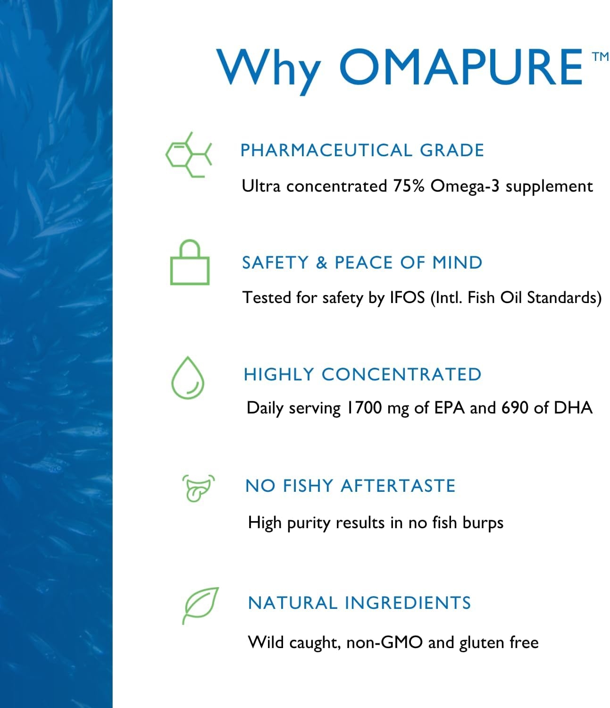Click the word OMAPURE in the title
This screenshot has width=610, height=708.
461,67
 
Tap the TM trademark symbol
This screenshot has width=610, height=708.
601,56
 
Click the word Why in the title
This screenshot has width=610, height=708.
269,71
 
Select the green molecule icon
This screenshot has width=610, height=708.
189,155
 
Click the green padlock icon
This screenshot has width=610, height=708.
190,262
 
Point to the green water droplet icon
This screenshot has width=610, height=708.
188,378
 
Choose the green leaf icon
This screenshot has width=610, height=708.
200,606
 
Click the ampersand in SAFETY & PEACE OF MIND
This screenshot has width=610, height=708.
321,263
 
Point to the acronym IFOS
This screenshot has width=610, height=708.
407,297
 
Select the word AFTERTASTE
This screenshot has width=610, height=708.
398,486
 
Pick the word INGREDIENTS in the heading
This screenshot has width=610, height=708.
408,603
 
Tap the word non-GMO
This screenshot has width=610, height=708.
384,642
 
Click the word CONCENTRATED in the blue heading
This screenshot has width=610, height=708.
401,374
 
